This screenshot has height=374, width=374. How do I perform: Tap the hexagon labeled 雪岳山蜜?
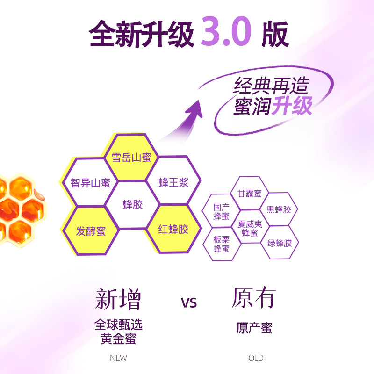pos(131,158)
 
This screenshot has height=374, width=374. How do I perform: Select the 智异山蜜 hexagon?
pos(90,182)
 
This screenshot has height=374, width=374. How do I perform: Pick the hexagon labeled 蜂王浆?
pos(173,182)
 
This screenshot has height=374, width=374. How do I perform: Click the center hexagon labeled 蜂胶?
pos(132,205)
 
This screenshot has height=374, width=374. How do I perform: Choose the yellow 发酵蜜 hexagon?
pos(91,230)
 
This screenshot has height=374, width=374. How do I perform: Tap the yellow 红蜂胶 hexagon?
pos(173,229)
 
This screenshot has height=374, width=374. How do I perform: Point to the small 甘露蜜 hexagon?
pos(250,193)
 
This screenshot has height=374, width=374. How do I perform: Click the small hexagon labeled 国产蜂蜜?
pos(221,211)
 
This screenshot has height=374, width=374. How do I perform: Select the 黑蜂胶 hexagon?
pos(279,209)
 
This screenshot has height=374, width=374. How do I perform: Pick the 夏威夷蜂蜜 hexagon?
pos(250,228)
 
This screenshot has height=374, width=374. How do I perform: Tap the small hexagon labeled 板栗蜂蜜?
pos(221,244)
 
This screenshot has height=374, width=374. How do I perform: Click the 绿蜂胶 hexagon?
pos(279,243)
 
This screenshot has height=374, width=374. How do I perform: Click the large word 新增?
pos(118,299)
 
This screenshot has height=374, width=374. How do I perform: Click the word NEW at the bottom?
pos(118,358)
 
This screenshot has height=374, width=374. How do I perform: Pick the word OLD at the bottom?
pos(256,358)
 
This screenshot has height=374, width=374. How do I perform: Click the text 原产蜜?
pos(254,328)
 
